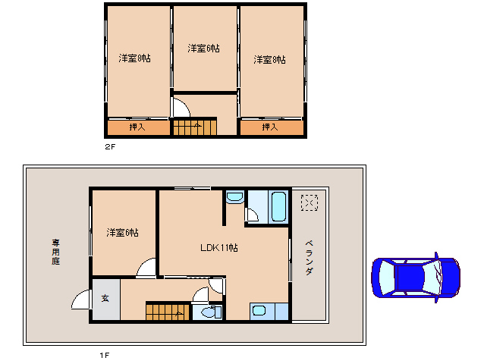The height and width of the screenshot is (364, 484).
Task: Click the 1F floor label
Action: click(104, 355)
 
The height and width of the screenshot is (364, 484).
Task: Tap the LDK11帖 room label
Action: click(219, 248)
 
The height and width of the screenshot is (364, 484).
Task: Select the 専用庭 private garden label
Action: click(55, 251)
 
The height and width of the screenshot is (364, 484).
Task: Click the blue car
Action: click(416, 278)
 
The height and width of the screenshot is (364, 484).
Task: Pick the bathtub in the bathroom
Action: click(277, 206)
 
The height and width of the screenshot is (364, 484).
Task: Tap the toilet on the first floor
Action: click(207, 311)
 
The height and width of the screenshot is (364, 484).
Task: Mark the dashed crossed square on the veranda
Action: click(310, 203)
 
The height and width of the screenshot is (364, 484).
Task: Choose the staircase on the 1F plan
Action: click(166, 311)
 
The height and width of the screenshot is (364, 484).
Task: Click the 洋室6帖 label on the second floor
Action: click(204, 49)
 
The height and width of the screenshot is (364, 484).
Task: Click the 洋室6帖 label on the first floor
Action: click(122, 232)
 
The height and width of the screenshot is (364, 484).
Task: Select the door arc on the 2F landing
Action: click(181, 108)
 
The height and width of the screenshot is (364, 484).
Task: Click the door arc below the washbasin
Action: click(252, 215)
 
